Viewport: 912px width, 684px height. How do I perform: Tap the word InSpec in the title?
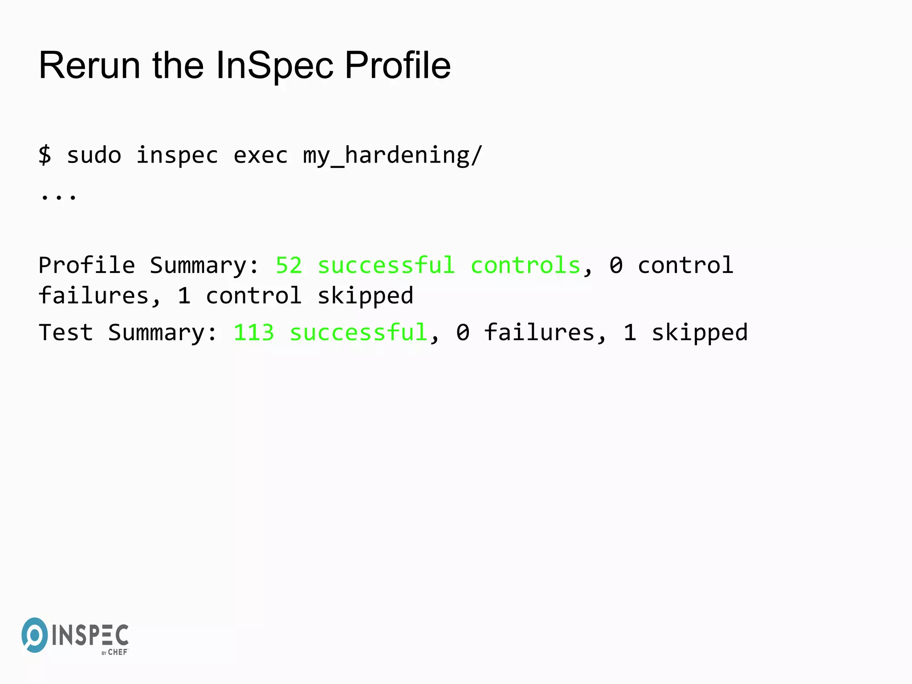point(274,66)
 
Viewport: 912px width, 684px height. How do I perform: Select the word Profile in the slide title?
point(398,66)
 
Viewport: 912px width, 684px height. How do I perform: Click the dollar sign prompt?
point(45,155)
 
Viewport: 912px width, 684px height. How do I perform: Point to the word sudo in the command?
point(94,155)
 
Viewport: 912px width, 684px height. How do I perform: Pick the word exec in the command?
point(261,155)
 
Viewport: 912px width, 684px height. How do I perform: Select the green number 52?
point(289,266)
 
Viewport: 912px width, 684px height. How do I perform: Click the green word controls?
point(525,266)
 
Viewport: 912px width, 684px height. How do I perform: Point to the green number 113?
point(254,333)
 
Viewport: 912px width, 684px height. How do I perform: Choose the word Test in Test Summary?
point(66,333)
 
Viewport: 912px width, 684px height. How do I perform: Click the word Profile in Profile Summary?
point(87,266)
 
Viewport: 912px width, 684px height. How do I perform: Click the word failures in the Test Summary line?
point(539,333)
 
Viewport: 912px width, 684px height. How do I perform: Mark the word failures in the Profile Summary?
point(94,296)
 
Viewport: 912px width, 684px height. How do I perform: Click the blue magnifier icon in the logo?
point(34,635)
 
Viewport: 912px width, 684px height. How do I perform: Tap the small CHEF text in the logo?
point(118,652)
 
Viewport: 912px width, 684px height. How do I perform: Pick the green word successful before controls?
point(386,266)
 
